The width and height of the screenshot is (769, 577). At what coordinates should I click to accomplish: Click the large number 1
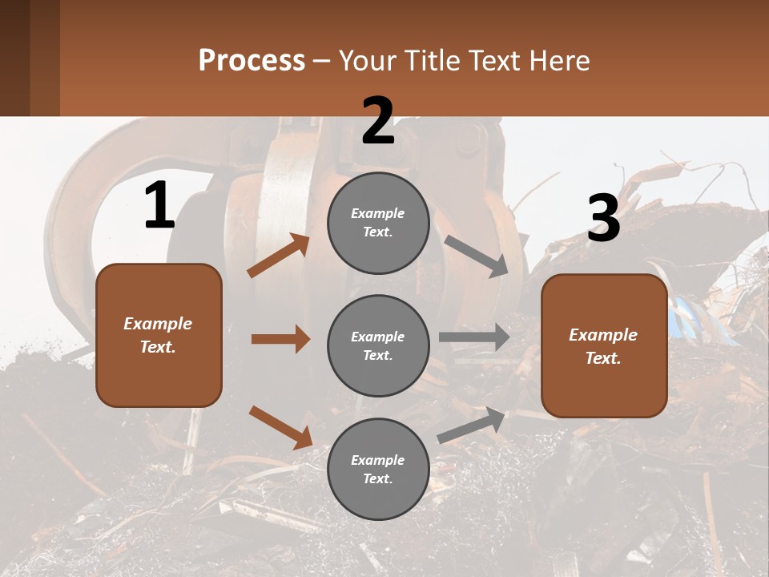pyautogui.click(x=159, y=206)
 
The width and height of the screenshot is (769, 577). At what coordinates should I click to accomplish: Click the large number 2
pyautogui.click(x=378, y=121)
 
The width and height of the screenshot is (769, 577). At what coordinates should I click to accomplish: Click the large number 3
pyautogui.click(x=603, y=219)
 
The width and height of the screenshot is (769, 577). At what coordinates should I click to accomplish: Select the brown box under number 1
pyautogui.click(x=159, y=335)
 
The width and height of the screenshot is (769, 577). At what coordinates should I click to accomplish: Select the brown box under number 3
pyautogui.click(x=604, y=345)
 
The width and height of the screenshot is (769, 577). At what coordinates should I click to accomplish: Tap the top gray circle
pyautogui.click(x=378, y=223)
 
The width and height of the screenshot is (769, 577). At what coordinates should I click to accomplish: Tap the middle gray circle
pyautogui.click(x=378, y=345)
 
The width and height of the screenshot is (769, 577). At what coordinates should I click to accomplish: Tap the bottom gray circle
pyautogui.click(x=378, y=469)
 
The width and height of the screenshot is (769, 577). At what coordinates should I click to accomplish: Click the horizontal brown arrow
pyautogui.click(x=280, y=339)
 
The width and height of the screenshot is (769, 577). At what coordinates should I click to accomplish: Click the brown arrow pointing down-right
pyautogui.click(x=280, y=426)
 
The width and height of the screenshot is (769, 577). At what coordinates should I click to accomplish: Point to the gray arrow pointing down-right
pyautogui.click(x=476, y=256)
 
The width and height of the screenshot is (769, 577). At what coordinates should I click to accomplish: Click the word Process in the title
pyautogui.click(x=252, y=60)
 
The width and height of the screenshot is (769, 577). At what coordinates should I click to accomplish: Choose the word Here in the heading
pyautogui.click(x=561, y=60)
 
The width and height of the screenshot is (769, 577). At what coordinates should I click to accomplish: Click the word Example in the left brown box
pyautogui.click(x=158, y=324)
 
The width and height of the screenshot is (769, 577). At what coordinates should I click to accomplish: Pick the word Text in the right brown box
pyautogui.click(x=602, y=358)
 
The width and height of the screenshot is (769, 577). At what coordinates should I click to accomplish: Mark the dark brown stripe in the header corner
pyautogui.click(x=14, y=58)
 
